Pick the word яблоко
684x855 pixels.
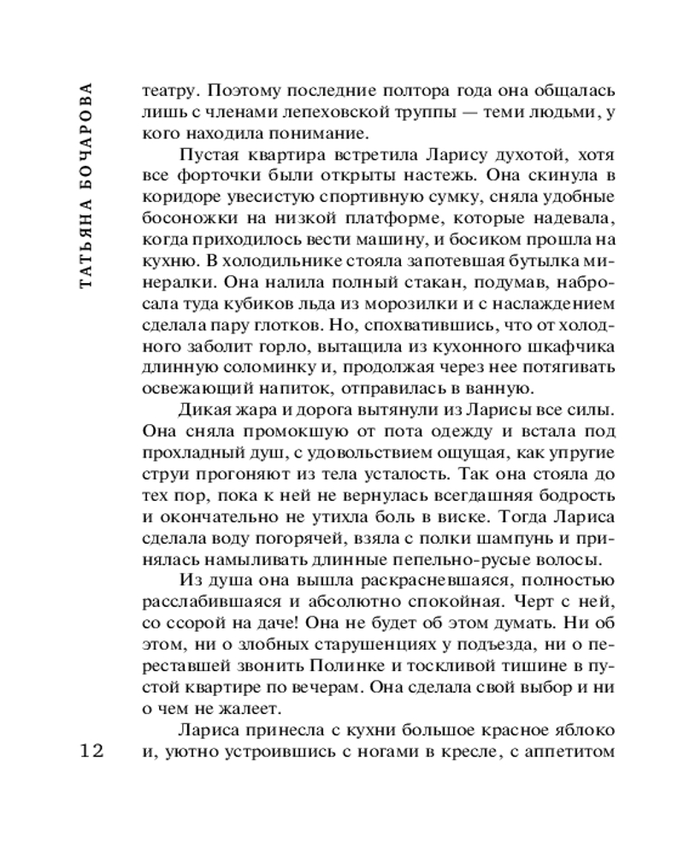(x=581, y=731)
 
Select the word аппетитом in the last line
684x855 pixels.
(x=572, y=752)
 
